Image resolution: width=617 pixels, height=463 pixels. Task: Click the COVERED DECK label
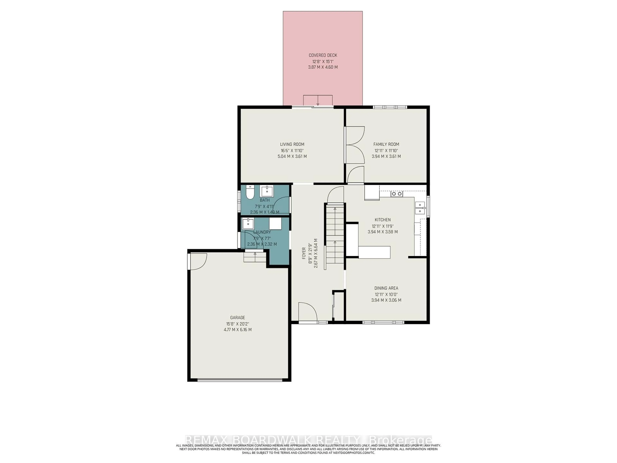tap(323, 55)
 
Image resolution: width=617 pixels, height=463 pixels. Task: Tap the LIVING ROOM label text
tap(292, 144)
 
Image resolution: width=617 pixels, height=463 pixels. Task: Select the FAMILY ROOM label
tap(386, 144)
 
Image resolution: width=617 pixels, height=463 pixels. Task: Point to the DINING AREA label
tap(386, 288)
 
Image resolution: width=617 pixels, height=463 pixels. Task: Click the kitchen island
tap(374, 252)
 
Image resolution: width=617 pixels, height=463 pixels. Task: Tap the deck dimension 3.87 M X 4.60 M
tap(323, 67)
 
